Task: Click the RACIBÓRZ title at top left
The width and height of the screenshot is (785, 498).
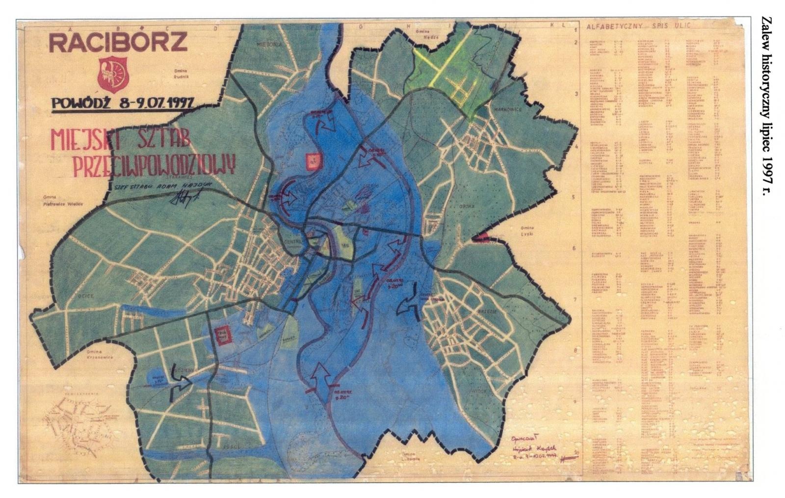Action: (118, 43)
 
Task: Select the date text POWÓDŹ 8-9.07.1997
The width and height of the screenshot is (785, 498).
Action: (123, 104)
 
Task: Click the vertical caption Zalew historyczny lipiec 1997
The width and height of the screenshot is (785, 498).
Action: (764, 105)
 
